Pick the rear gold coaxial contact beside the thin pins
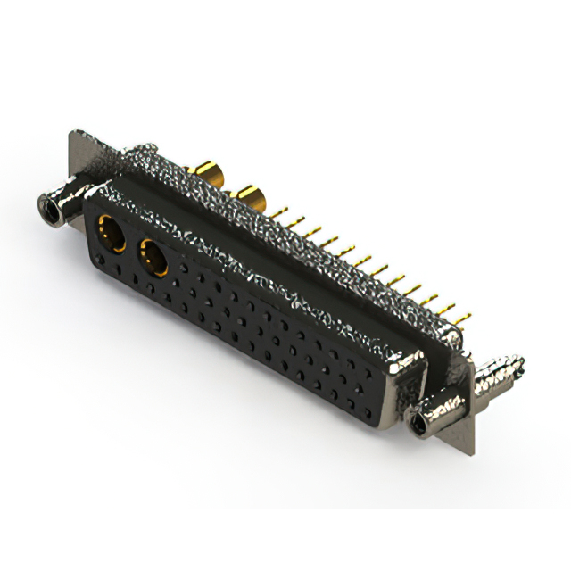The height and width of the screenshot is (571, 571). point(249,197)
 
